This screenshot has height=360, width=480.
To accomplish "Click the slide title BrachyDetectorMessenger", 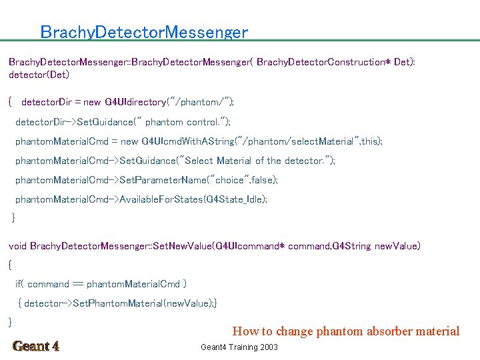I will [x=144, y=32].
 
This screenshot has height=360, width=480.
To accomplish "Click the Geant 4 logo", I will [x=36, y=346].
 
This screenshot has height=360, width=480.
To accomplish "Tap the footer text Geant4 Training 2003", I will [x=239, y=347].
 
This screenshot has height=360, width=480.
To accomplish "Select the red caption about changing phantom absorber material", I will [x=345, y=331].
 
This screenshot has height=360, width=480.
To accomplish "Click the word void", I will [x=18, y=246].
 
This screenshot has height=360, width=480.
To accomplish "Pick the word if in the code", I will [x=19, y=284].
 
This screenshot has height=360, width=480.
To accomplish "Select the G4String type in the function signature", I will [x=351, y=246].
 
